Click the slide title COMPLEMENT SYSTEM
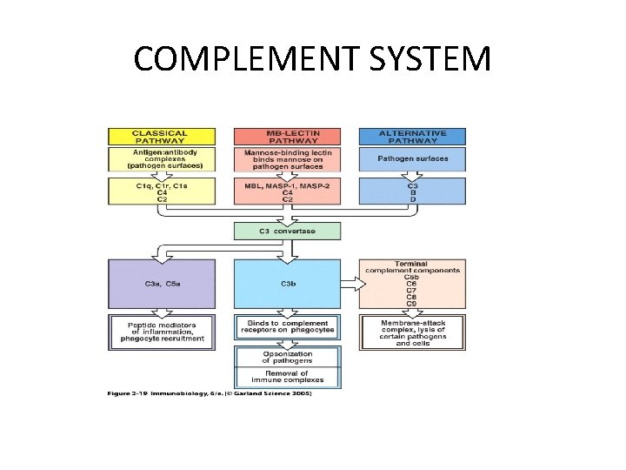[312, 59]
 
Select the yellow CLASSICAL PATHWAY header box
[160, 137]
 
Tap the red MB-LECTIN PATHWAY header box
[287, 137]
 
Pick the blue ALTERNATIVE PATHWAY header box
[413, 137]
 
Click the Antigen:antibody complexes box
[160, 158]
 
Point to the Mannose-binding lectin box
[287, 158]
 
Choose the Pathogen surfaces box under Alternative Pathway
[413, 158]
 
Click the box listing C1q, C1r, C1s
[160, 191]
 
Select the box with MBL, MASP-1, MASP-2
[287, 191]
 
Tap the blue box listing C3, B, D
[413, 191]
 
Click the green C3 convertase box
[287, 231]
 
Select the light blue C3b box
[287, 283]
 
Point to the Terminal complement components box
[413, 283]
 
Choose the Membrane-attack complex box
[413, 331]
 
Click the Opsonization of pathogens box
[287, 357]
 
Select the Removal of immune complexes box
[287, 377]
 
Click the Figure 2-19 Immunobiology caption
[209, 393]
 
